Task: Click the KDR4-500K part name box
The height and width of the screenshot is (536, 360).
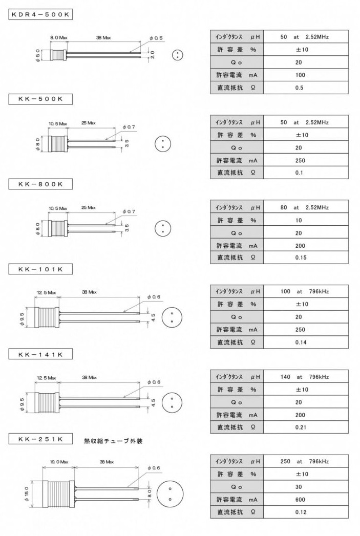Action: click(40, 14)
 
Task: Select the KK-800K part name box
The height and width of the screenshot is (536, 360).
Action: click(40, 184)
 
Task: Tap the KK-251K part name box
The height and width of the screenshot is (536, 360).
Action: click(40, 439)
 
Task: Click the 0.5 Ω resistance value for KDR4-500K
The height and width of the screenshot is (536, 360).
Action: click(299, 88)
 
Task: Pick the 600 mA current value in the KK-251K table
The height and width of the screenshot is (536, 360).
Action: click(300, 500)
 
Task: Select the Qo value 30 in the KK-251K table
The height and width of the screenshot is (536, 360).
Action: click(299, 487)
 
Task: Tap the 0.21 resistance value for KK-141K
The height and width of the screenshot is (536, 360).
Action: click(301, 427)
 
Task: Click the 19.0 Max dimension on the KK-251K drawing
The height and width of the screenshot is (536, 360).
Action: click(59, 462)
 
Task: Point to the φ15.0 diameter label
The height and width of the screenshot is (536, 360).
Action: click(27, 494)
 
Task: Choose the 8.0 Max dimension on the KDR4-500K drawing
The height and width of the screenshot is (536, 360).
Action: click(58, 37)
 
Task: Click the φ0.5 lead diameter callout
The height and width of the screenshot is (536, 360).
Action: click(156, 38)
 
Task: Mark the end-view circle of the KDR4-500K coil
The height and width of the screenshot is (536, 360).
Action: click(177, 55)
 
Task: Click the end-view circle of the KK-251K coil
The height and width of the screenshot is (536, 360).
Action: click(170, 494)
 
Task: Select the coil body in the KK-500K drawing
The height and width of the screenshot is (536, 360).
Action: click(57, 144)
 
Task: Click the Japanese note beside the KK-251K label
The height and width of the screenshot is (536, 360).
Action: click(113, 441)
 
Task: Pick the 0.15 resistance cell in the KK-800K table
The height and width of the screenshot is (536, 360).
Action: click(301, 258)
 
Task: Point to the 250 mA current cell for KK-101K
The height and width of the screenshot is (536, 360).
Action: click(300, 330)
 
